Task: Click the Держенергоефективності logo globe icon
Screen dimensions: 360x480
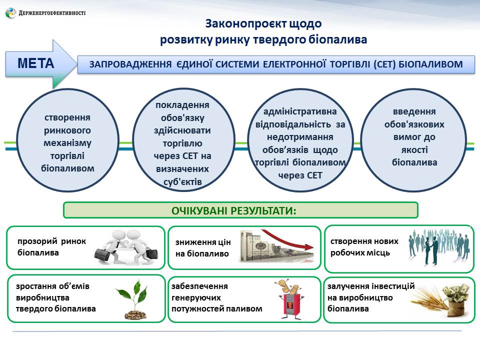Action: click(10, 13)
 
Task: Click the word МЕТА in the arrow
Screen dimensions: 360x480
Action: click(35, 63)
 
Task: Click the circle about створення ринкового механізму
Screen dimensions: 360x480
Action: click(67, 143)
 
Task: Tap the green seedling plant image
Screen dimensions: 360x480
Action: click(132, 298)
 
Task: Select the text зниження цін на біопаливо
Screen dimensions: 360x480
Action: click(203, 248)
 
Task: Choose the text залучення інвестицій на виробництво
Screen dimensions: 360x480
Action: click(370, 297)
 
